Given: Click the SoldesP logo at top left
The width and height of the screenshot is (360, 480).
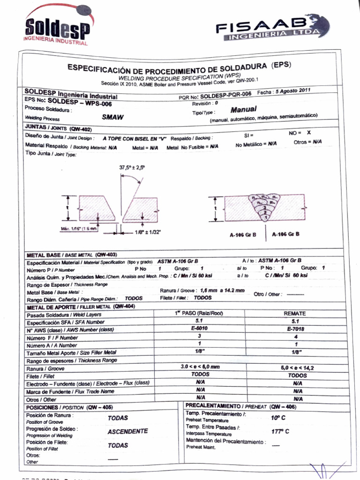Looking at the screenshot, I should (x=57, y=27).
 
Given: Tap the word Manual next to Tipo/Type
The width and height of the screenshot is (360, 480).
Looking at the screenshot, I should (x=243, y=109).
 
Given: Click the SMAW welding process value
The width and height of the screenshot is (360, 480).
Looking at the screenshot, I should (x=113, y=118).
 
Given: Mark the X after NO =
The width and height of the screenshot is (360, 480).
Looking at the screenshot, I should (x=308, y=133).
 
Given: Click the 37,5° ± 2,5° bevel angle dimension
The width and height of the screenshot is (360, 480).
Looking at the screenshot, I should (x=132, y=167).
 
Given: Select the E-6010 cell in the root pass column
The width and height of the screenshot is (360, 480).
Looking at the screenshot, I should (x=200, y=329).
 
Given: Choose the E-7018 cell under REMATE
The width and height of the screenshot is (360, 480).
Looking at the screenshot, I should (x=295, y=329).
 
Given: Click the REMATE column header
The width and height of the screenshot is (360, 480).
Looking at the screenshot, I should (x=295, y=313).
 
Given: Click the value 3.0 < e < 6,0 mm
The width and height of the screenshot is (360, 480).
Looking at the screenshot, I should (x=200, y=367).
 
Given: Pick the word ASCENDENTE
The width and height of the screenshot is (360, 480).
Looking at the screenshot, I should (x=127, y=431).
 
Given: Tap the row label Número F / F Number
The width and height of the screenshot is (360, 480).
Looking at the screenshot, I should (x=52, y=337).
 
